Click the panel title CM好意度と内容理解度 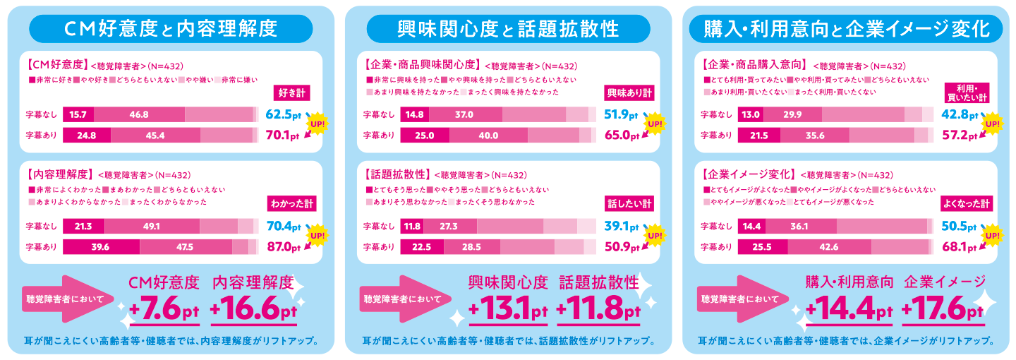[171, 29]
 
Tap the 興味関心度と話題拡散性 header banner [508, 29]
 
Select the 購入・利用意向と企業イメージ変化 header [845, 29]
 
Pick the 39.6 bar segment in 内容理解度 [102, 246]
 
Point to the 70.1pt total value [284, 136]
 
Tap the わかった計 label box [292, 203]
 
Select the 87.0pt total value [284, 247]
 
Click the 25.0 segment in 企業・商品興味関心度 [425, 136]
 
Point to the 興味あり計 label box [629, 93]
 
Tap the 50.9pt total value [622, 247]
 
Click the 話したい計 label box [629, 203]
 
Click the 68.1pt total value [959, 247]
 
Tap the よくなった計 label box [967, 203]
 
